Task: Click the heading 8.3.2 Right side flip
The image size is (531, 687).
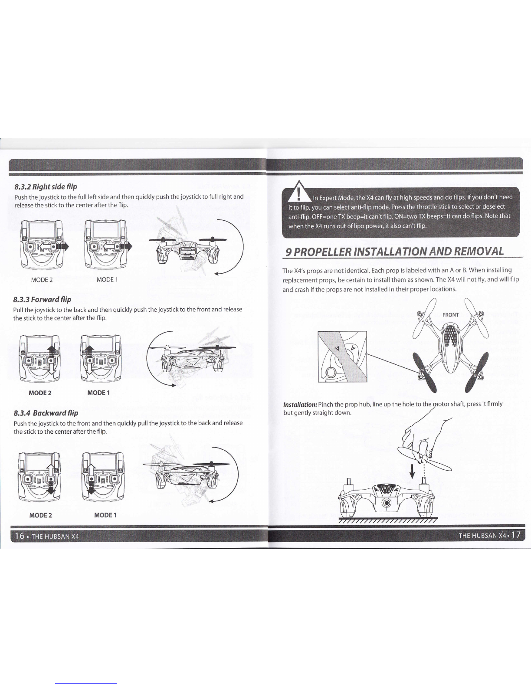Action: tap(46, 186)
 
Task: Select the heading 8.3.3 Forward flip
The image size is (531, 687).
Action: tap(42, 299)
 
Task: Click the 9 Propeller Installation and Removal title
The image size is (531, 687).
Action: tap(394, 252)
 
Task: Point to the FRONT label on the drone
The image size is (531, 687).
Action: tap(450, 315)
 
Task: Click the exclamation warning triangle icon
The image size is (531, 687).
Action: tap(298, 192)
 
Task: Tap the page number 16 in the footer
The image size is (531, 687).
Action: tap(20, 536)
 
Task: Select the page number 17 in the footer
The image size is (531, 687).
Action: tap(516, 535)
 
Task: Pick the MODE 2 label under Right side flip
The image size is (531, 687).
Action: tap(42, 280)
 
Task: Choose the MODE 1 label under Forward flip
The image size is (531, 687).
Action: tap(98, 393)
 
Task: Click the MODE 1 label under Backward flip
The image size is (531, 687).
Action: tap(105, 515)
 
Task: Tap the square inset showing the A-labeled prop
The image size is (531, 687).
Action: tap(342, 357)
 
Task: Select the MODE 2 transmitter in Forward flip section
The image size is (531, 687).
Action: tap(40, 359)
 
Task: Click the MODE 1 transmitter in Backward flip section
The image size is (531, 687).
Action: tap(103, 477)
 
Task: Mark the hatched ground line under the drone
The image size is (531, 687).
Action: tap(388, 520)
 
